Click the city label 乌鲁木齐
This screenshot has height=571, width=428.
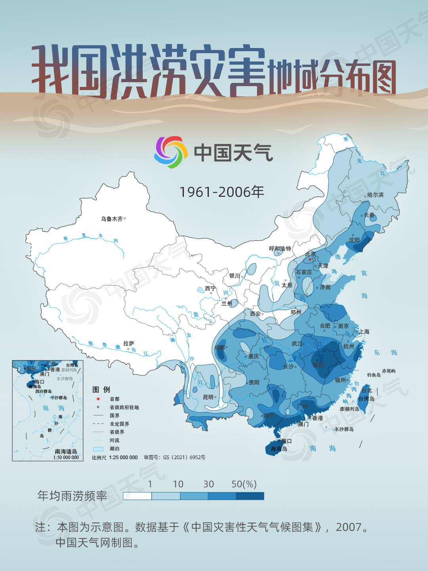[112, 219]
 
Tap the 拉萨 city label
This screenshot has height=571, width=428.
[128, 344]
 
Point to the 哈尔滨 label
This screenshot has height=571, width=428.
[375, 195]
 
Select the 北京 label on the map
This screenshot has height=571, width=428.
[310, 254]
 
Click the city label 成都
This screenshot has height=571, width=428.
[220, 348]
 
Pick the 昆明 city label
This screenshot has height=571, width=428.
[208, 397]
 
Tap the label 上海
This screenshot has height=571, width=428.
[364, 332]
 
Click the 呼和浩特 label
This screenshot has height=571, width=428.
[280, 249]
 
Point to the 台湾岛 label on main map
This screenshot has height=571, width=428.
[366, 399]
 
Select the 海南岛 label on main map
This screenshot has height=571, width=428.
[279, 449]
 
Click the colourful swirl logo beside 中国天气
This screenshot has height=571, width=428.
[171, 152]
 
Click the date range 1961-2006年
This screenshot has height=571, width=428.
[222, 192]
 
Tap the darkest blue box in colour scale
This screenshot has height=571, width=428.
[250, 496]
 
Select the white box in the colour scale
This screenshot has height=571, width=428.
[138, 496]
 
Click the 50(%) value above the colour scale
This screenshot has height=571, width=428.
[244, 484]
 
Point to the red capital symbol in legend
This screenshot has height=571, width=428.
[98, 399]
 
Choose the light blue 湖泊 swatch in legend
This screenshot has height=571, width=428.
[98, 449]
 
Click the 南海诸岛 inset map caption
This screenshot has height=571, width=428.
[66, 452]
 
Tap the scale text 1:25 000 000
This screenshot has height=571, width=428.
[123, 458]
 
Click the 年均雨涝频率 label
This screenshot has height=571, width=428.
[72, 496]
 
